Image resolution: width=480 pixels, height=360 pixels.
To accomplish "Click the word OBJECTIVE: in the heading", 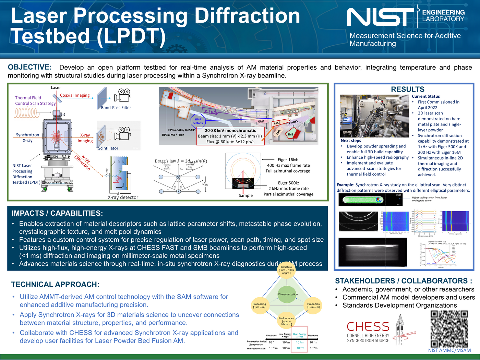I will pyautogui.click(x=30, y=67).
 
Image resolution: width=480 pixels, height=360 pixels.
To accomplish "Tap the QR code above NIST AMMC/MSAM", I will pyautogui.click(x=449, y=329).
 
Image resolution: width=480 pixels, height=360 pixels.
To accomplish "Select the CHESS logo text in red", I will pyautogui.click(x=368, y=326).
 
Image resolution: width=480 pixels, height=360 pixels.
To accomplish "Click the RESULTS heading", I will pyautogui.click(x=407, y=89).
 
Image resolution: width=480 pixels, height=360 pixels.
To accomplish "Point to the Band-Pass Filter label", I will pyautogui.click(x=116, y=108).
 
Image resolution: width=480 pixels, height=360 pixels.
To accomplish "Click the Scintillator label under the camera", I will pyautogui.click(x=108, y=148).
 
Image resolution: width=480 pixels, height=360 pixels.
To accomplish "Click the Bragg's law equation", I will pyautogui.click(x=181, y=161).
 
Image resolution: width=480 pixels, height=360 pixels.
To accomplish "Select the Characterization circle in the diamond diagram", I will pyautogui.click(x=287, y=294).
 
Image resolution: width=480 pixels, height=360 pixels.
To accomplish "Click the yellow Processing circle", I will pyautogui.click(x=259, y=305).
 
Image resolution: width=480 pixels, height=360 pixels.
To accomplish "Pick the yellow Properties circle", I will pyautogui.click(x=313, y=305).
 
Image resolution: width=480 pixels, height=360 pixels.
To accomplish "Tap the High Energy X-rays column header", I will pyautogui.click(x=300, y=335).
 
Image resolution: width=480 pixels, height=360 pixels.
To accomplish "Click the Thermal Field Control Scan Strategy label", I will pyautogui.click(x=35, y=100).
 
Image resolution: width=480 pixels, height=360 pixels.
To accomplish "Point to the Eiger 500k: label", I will pyautogui.click(x=288, y=183).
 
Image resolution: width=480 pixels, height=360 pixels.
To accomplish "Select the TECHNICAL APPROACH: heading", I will pyautogui.click(x=55, y=284).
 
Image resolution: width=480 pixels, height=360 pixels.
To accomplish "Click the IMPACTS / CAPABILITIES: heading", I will pyautogui.click(x=57, y=213).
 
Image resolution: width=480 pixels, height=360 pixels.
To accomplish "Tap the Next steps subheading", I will pyautogui.click(x=351, y=141).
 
